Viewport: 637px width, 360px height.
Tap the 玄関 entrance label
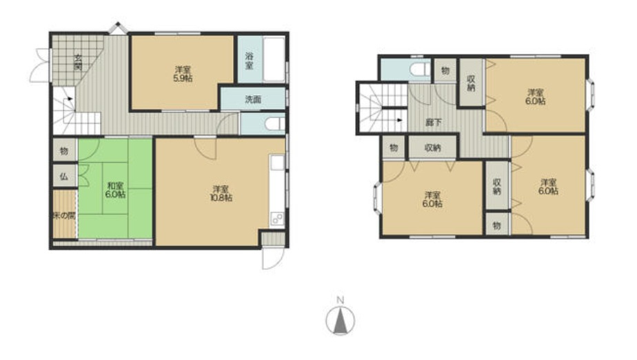coord(78,62)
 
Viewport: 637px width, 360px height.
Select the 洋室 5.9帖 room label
coord(183,74)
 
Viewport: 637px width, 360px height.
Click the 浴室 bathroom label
coord(249,60)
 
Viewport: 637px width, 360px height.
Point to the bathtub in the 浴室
coord(274,60)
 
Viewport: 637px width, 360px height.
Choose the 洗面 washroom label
coord(253,99)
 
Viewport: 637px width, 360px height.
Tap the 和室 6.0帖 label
coord(115,190)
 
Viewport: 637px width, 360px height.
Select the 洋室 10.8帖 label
coord(222,193)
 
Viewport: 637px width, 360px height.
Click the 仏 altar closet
coord(65,176)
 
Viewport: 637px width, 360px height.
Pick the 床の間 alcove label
coord(64,215)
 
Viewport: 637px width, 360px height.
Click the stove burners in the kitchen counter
coord(277,219)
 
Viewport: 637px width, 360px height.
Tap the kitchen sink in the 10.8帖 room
coord(277,163)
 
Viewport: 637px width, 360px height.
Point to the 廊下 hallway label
coord(434,122)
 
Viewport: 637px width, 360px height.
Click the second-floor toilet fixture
coord(420,70)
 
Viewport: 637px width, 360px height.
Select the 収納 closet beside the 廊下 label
coord(433,147)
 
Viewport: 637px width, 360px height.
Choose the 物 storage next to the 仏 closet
coord(65,151)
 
